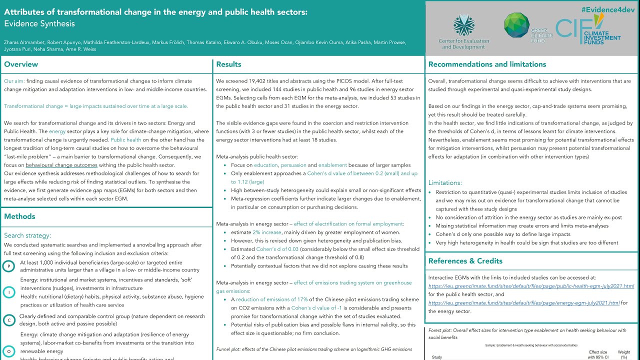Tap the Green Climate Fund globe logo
(x=516, y=25)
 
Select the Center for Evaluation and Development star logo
(x=463, y=25)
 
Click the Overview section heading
(x=21, y=64)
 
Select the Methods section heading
(x=19, y=216)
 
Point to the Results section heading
(x=229, y=64)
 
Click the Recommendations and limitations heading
(x=487, y=64)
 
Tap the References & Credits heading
(x=465, y=261)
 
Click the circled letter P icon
(x=8, y=266)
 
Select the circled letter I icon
(x=8, y=292)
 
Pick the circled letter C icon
(x=8, y=320)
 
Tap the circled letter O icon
(x=8, y=351)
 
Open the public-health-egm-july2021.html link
(x=531, y=286)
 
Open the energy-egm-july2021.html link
(x=524, y=303)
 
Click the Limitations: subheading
(x=445, y=183)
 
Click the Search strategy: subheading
(x=27, y=235)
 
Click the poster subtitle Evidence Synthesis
(x=39, y=23)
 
